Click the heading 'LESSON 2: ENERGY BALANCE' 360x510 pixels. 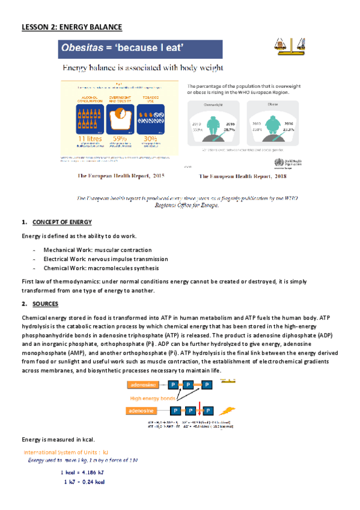pos(71,27)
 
